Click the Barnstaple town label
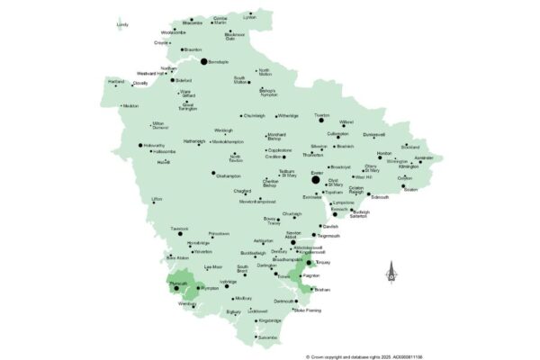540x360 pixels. pos(220,62)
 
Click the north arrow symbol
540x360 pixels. pos(391,269)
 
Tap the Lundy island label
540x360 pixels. pos(122,25)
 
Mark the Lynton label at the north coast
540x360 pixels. pos(250,16)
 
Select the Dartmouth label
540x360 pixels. pos(283,301)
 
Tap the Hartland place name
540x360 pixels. pos(116,80)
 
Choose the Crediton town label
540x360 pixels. pos(274,157)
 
